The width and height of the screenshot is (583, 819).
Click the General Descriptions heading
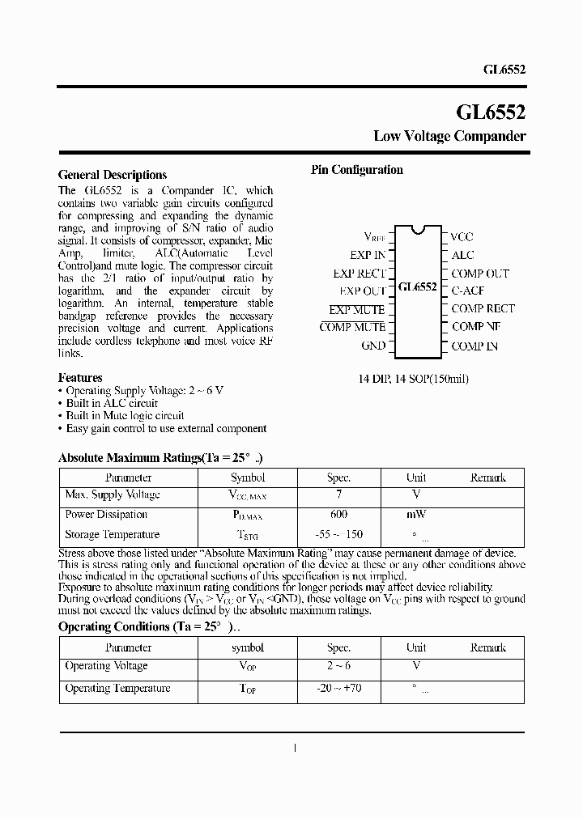113,175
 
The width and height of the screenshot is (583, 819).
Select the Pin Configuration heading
357,170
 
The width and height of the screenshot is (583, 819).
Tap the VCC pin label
462,237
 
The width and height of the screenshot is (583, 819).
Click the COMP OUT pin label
480,274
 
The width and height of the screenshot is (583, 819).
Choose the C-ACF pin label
468,291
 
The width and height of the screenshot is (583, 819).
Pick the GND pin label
373,346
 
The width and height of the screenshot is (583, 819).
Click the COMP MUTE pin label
352,327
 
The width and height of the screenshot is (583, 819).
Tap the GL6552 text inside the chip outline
418,287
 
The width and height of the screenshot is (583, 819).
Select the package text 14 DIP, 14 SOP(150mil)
414,379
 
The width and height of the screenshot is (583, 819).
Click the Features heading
80,378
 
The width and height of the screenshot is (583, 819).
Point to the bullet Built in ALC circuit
112,403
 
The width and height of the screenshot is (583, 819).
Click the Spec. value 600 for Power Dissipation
338,515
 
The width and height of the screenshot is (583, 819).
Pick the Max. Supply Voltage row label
112,495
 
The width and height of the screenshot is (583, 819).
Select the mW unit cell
416,515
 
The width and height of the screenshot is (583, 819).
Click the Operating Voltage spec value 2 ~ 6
338,666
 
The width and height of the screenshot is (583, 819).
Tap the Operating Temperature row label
117,689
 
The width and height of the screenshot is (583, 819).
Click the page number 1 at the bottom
295,748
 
